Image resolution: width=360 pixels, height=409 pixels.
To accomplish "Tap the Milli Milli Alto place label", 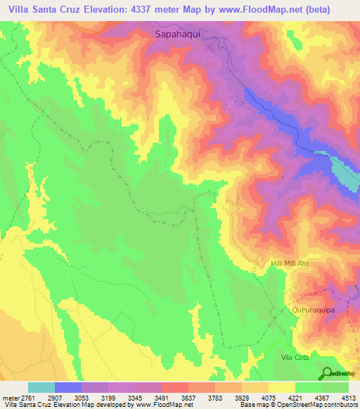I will (300, 264).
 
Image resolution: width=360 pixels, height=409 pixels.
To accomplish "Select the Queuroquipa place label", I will (315, 309).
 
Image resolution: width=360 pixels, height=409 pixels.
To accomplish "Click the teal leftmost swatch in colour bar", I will (41, 387).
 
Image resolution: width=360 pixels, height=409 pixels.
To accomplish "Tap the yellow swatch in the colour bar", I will (282, 387).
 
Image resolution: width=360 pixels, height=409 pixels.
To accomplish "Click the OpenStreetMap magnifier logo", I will (328, 373).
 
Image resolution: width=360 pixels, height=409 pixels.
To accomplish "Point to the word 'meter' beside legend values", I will (13, 398).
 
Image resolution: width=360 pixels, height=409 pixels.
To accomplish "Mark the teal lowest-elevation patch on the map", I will (345, 172).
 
